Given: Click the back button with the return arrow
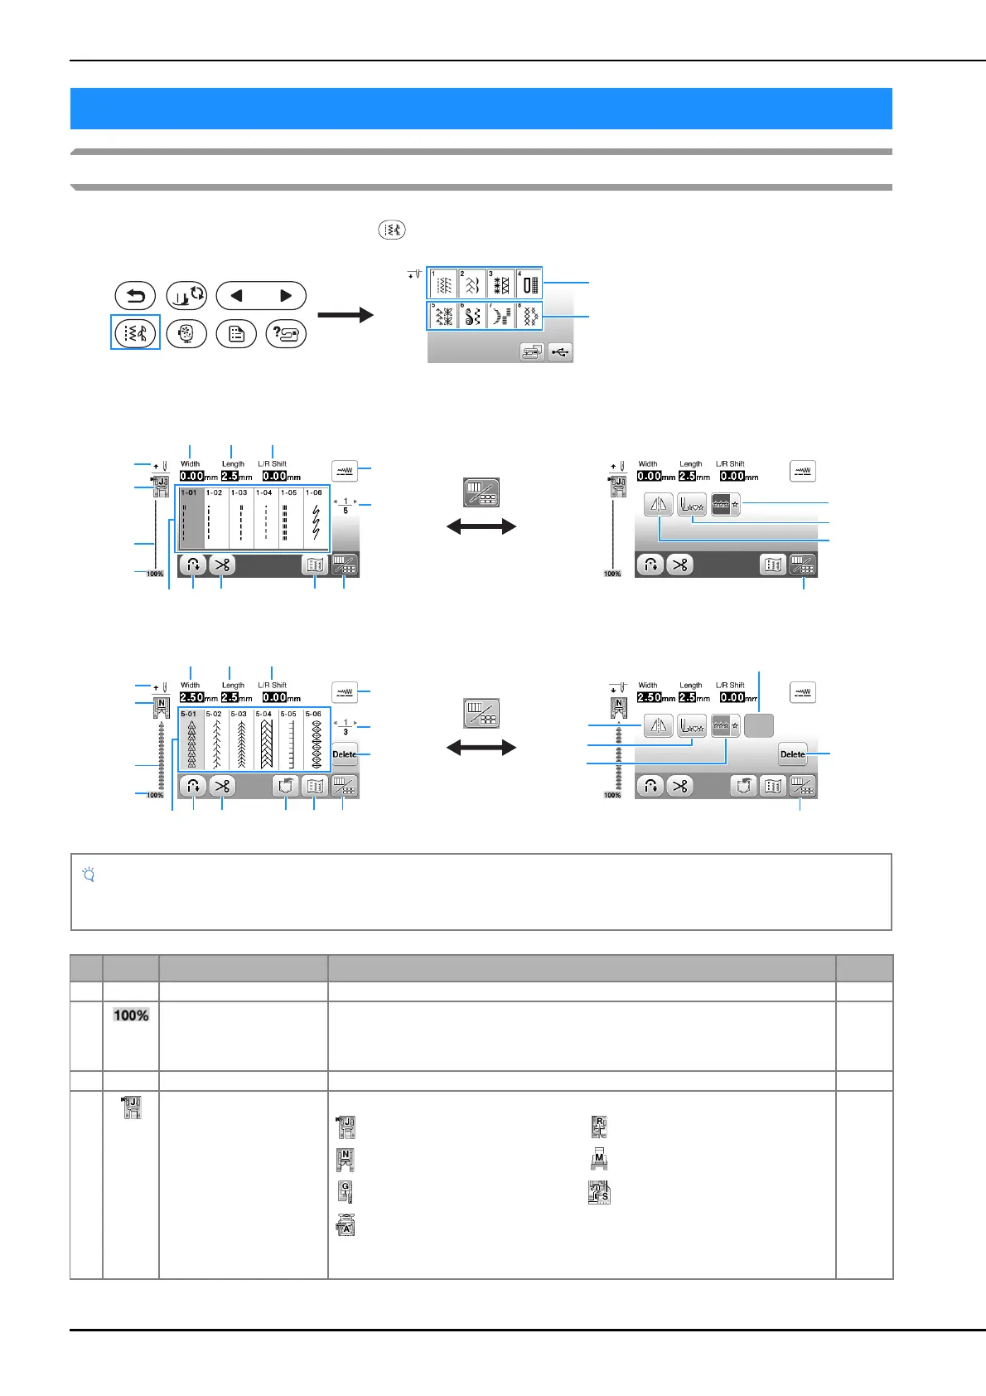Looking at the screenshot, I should [x=136, y=296].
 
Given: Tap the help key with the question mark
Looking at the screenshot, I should [x=286, y=334].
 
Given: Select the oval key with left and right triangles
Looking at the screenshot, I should [x=261, y=296].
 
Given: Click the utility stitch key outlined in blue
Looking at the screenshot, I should [x=136, y=333].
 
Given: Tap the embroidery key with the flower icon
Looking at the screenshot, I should [x=186, y=334].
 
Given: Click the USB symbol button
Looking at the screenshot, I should [x=560, y=352].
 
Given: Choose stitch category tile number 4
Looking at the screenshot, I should [x=528, y=284].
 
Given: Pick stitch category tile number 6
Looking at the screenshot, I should [x=471, y=316].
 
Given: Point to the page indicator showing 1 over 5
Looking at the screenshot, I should [x=346, y=506].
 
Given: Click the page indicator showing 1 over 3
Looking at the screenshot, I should [x=346, y=727].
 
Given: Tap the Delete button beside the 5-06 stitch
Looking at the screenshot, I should [x=345, y=754].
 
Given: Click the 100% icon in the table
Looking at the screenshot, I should [x=131, y=1015].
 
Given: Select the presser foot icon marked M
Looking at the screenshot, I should [x=599, y=1160].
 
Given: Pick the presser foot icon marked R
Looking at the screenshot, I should [x=599, y=1127].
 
